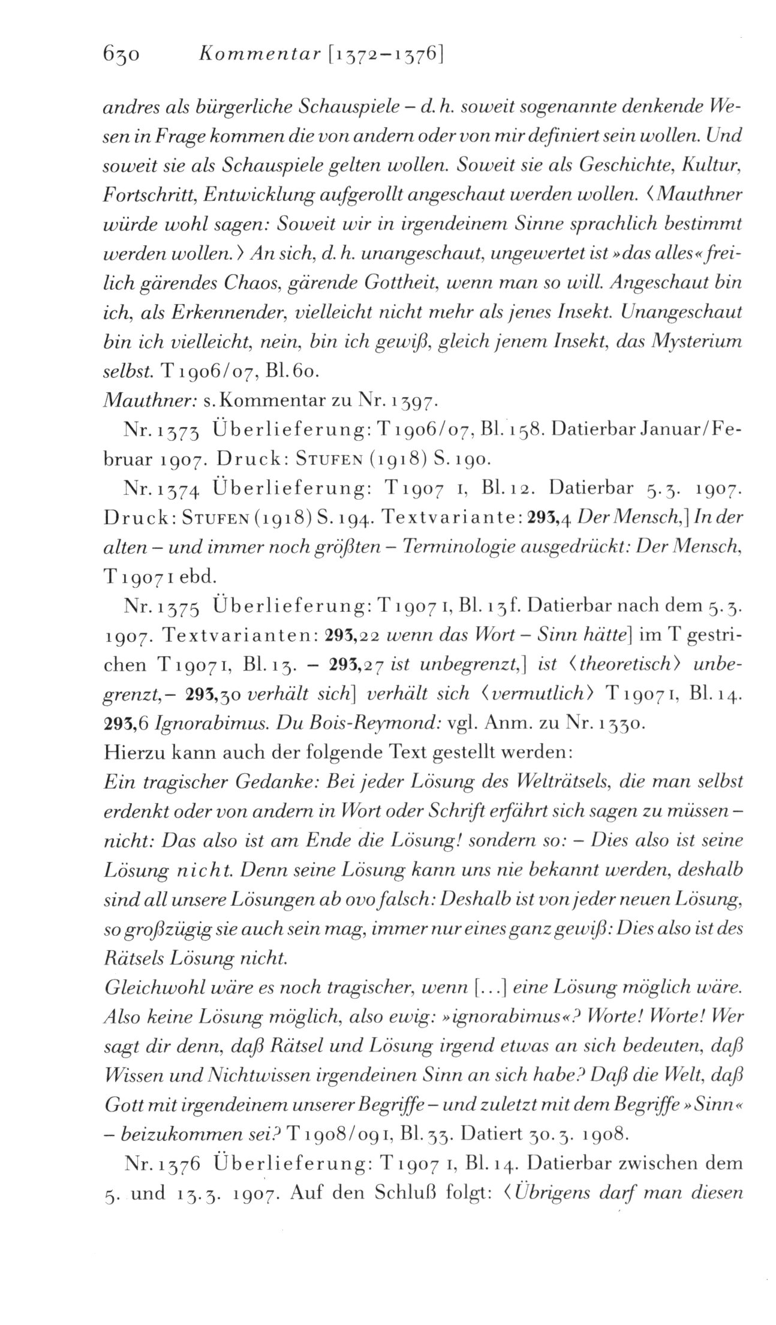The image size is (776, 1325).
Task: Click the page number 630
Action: [x=121, y=56]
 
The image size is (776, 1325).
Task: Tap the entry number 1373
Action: [x=174, y=430]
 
